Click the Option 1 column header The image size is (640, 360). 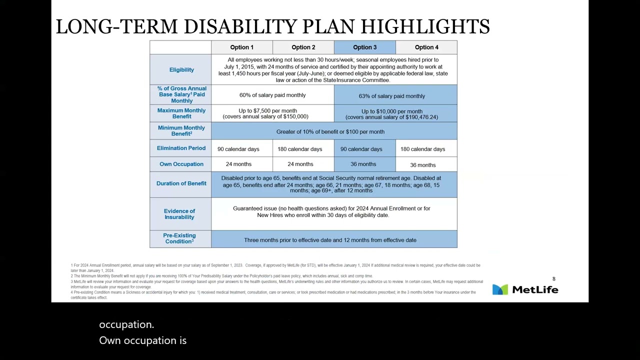tap(241, 47)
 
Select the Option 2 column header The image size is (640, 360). tap(303, 47)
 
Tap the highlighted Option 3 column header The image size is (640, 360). tap(364, 47)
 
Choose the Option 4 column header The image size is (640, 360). tap(426, 47)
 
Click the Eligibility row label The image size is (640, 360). tap(181, 69)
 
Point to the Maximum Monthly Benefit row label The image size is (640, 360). tap(181, 113)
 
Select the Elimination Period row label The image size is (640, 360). tap(181, 148)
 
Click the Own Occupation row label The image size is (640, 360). tap(181, 164)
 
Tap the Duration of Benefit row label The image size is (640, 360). tap(181, 183)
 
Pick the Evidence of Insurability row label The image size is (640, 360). tap(179, 214)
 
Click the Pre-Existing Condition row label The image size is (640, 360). tap(179, 238)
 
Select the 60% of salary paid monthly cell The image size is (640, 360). tap(272, 95)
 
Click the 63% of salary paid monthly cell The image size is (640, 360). tap(391, 96)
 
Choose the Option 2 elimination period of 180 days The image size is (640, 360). tap(300, 149)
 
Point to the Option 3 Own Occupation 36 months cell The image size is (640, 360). tap(363, 164)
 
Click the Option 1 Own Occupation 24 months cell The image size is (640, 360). tap(238, 164)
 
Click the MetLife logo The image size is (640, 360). tap(525, 289)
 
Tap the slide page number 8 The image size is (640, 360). tap(553, 279)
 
